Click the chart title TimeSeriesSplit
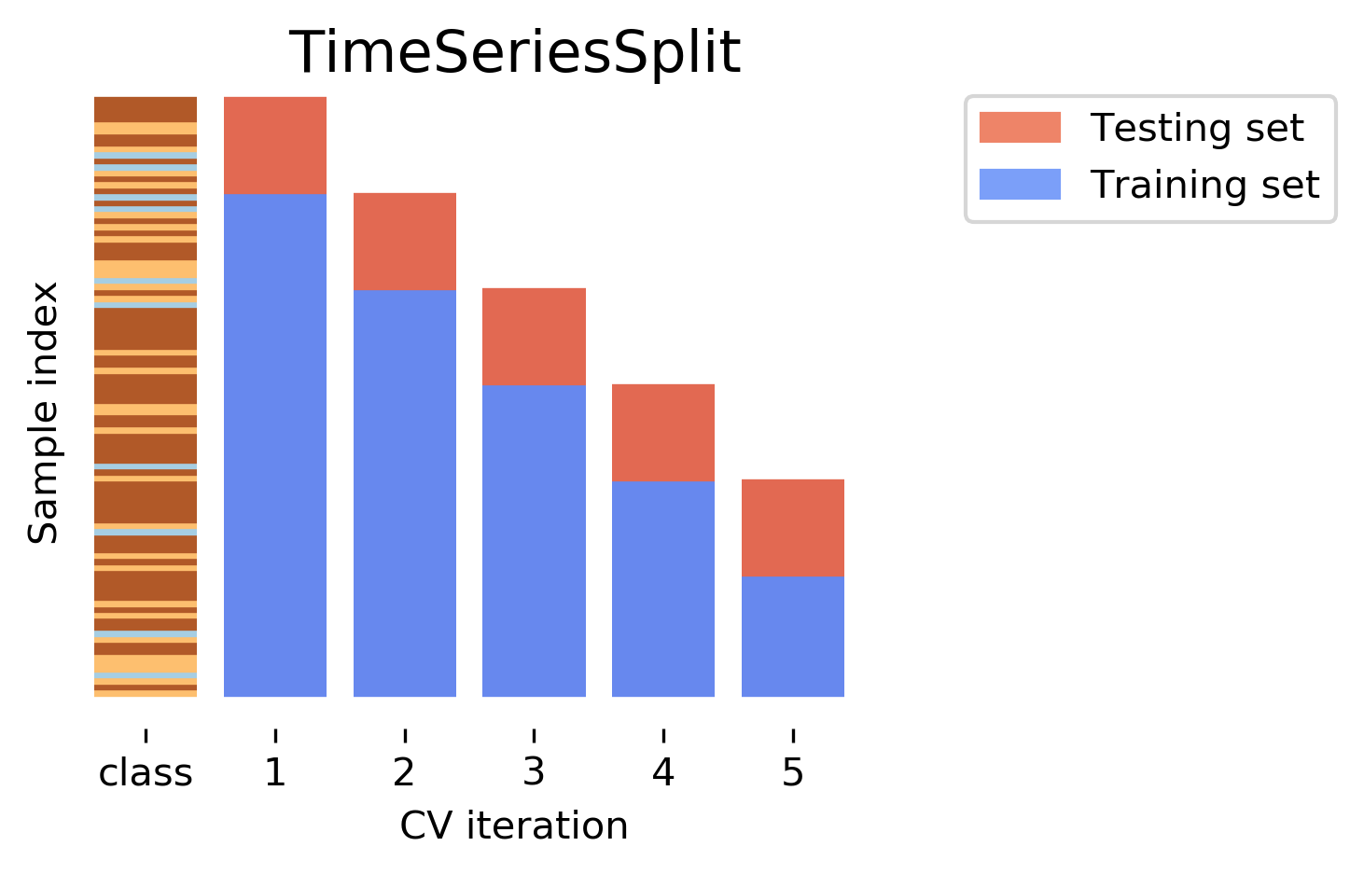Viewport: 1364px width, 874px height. [515, 53]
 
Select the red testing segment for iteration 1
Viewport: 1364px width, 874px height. [275, 145]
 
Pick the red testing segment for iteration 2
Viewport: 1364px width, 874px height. [405, 242]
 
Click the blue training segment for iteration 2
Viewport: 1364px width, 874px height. [405, 493]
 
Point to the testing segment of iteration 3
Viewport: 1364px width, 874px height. [534, 337]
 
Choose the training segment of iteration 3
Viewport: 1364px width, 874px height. [534, 541]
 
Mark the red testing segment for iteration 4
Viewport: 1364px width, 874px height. [663, 432]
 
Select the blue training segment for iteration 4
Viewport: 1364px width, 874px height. [663, 589]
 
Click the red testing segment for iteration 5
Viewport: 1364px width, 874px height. [793, 527]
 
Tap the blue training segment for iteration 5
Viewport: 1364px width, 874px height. [793, 636]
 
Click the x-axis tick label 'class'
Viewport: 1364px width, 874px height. [146, 773]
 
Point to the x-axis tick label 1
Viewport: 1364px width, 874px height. [275, 773]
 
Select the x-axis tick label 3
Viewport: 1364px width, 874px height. [534, 773]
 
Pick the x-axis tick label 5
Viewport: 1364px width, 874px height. [793, 773]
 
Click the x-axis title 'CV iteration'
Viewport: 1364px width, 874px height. [514, 826]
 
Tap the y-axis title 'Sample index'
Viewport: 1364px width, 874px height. [44, 412]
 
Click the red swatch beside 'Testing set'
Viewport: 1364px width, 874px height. [1020, 128]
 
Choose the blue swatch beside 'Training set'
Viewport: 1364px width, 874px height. [1020, 184]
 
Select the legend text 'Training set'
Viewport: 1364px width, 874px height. [1204, 185]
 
